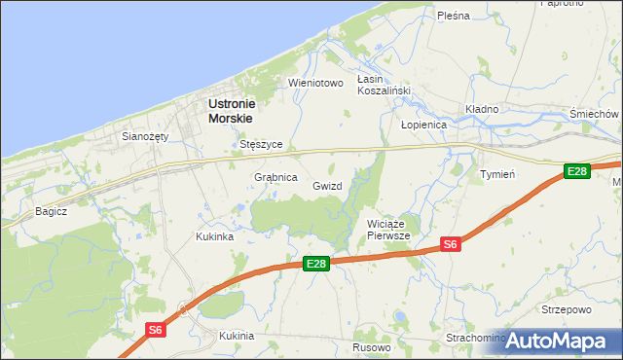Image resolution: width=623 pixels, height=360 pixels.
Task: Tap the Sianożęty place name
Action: (145, 136)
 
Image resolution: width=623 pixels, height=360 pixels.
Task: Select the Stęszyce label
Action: (261, 144)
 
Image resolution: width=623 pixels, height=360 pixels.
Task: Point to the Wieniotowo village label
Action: (316, 84)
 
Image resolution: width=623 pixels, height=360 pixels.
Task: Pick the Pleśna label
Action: (454, 16)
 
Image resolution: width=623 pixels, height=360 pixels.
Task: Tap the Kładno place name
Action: (482, 109)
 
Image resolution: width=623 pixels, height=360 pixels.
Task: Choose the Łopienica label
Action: (423, 126)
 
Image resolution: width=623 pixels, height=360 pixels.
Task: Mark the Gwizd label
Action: (327, 185)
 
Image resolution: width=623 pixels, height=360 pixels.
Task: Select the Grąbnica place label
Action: (275, 178)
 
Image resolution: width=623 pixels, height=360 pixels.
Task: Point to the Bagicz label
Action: (51, 210)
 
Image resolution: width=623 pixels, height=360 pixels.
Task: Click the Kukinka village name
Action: (214, 236)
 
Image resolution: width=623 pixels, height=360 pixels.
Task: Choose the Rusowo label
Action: (371, 347)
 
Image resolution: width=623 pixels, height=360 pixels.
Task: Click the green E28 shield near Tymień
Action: (577, 171)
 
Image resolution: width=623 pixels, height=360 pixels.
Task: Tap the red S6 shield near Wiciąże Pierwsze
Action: (450, 244)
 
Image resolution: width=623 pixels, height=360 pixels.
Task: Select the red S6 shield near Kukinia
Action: (155, 330)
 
